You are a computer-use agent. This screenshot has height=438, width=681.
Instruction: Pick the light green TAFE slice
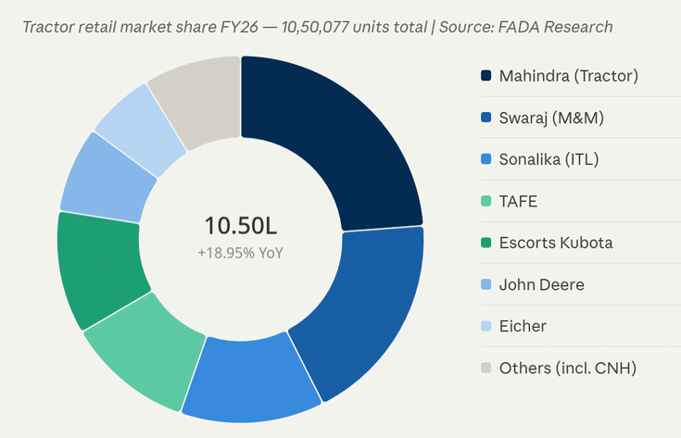point(139,347)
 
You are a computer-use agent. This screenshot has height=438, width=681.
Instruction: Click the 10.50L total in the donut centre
point(240,225)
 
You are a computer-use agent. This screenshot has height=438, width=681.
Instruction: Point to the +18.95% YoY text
point(240,252)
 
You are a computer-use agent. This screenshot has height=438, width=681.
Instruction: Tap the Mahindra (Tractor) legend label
point(568,76)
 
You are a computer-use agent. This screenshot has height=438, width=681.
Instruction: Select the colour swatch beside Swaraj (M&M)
point(486,118)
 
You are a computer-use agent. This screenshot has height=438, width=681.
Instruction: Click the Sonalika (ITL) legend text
point(549,159)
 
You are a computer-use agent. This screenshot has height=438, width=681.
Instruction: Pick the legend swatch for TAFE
point(486,201)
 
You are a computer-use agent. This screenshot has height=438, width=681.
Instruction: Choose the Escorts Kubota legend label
point(556,243)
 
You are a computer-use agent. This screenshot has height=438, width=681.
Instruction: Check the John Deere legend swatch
point(486,284)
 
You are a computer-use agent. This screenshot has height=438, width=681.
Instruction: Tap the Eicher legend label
point(523,326)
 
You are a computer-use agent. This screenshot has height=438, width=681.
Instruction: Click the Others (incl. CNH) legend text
point(567,368)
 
